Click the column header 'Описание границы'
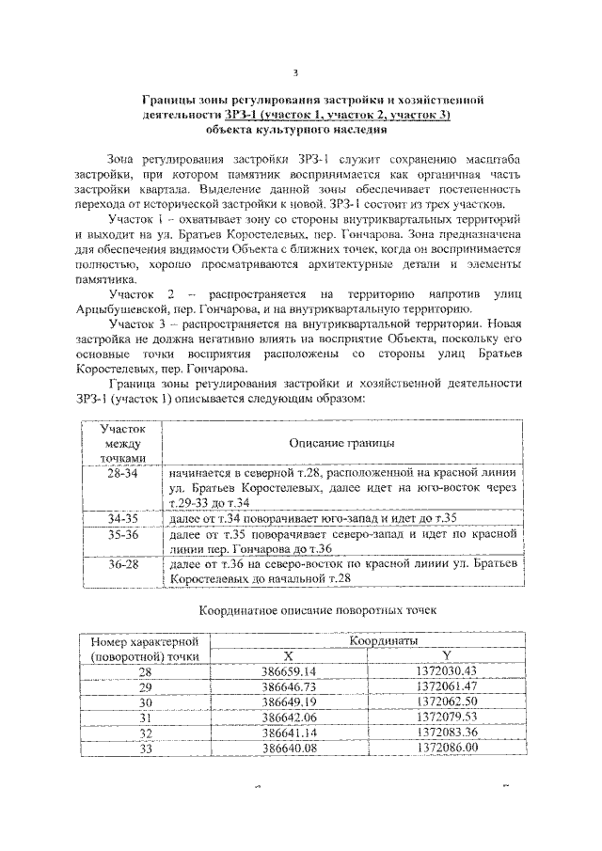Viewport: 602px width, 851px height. click(341, 442)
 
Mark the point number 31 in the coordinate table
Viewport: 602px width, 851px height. click(145, 717)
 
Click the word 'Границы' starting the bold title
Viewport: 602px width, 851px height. click(168, 99)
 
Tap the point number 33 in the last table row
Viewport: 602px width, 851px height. click(145, 748)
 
